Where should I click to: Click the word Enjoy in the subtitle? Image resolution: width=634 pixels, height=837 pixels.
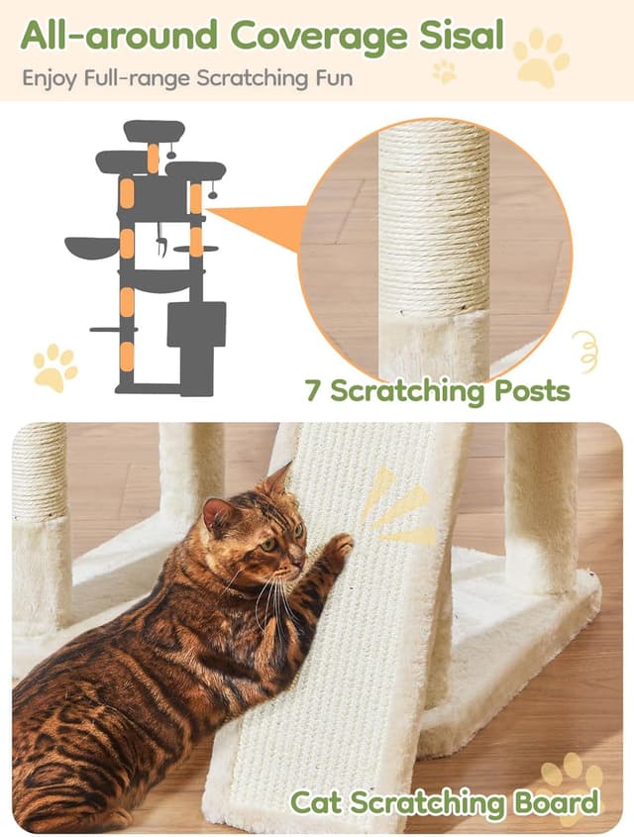(46, 77)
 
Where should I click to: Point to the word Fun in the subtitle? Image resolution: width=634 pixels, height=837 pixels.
(333, 77)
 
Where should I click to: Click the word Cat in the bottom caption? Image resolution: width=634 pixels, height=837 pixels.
(314, 801)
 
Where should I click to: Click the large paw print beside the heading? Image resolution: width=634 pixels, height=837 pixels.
(542, 56)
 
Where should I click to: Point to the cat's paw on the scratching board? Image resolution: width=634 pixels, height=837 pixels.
(337, 548)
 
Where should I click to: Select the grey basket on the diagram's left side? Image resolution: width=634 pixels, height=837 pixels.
(89, 247)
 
